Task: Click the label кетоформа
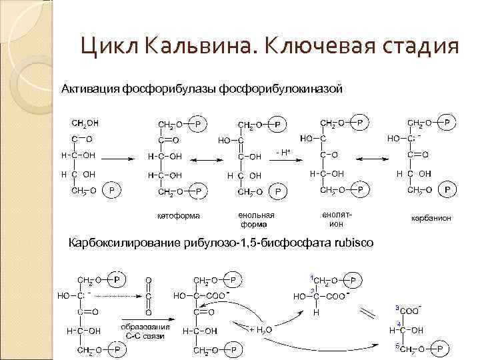(178, 215)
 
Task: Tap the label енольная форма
(256, 219)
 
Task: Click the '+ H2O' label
(260, 329)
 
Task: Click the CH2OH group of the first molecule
(85, 123)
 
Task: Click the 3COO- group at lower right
(409, 310)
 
